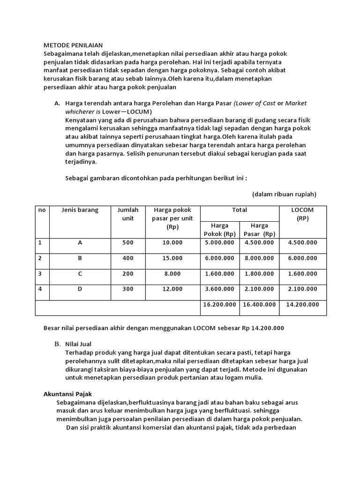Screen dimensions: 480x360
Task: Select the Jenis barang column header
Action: click(x=80, y=210)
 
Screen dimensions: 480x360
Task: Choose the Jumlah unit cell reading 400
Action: click(x=128, y=258)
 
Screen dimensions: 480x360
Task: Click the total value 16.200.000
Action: click(x=219, y=305)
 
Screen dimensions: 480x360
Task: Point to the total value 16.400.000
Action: click(x=259, y=305)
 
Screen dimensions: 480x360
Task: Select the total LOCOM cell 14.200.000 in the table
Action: click(x=303, y=305)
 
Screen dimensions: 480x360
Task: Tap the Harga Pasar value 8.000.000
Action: click(x=259, y=258)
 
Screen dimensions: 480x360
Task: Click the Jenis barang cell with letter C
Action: click(x=80, y=274)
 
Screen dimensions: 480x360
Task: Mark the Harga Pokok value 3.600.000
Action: click(x=219, y=289)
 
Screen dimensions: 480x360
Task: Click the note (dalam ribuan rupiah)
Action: click(x=284, y=194)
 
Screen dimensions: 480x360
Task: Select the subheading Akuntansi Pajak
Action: click(x=70, y=394)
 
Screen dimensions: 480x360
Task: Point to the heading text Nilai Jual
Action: click(x=78, y=344)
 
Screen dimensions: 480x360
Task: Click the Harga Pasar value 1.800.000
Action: click(x=259, y=274)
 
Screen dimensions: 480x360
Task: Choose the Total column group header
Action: click(x=240, y=210)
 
